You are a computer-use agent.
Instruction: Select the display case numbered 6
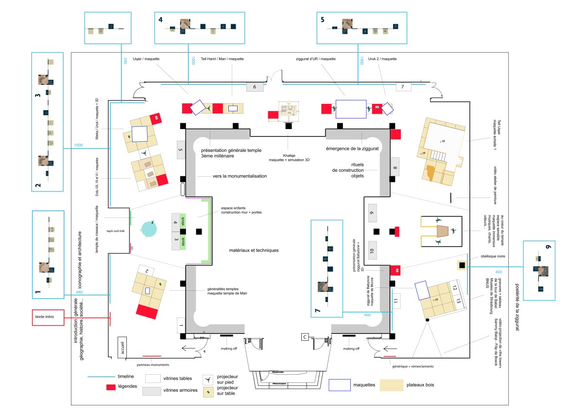255,87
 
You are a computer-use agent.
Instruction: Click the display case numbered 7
403,87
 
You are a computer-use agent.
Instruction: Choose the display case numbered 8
394,166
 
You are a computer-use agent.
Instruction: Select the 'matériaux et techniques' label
254,250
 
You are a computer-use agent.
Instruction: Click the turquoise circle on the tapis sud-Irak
148,228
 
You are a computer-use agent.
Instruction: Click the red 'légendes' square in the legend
111,387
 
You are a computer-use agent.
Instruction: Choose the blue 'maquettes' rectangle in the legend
340,385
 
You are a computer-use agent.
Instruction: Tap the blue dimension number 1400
362,61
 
